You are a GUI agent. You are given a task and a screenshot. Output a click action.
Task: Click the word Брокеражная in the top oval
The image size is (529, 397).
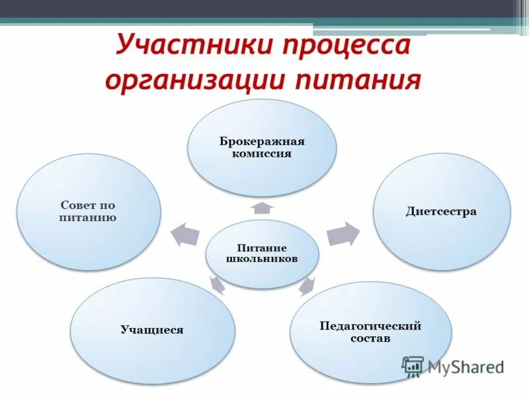[x=262, y=142]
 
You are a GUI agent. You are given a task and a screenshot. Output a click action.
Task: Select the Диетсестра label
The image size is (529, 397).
[x=441, y=212]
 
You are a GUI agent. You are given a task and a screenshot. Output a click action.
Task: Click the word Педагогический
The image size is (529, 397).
[x=370, y=326]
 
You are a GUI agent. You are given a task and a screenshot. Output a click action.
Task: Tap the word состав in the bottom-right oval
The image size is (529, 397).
[x=370, y=338]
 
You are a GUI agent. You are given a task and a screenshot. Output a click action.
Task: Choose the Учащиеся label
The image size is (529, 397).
[x=152, y=329]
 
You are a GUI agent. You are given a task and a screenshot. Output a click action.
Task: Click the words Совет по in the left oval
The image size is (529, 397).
[x=88, y=206]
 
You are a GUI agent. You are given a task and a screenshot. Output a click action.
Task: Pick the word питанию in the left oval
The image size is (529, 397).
[x=88, y=217]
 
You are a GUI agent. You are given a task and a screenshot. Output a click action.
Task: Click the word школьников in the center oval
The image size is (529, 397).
[x=262, y=259]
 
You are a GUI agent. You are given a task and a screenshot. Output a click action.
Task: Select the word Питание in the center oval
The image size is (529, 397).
[x=262, y=247]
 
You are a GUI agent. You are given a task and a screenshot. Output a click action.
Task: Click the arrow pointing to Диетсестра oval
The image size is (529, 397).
[x=343, y=234]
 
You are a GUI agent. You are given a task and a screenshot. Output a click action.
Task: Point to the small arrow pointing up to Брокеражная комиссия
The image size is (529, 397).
[x=262, y=208]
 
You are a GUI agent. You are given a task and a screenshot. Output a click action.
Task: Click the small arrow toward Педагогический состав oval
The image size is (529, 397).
[x=306, y=286]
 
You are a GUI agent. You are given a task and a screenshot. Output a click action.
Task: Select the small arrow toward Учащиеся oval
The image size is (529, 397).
[x=217, y=285]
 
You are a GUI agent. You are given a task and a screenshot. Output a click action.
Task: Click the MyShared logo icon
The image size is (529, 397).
[x=413, y=366]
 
